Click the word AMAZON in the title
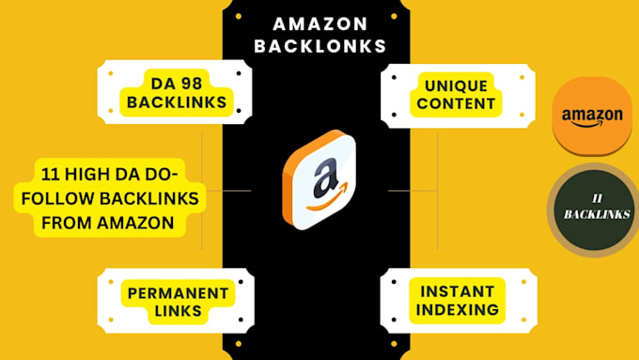[x=320, y=24]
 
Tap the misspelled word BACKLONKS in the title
[x=320, y=46]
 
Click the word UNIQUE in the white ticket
[x=456, y=86]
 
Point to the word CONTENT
[x=456, y=103]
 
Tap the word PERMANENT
[x=179, y=293]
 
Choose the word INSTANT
[x=458, y=291]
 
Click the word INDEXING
[x=458, y=309]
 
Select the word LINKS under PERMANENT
[x=179, y=311]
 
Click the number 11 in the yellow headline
[x=51, y=175]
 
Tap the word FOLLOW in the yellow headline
[x=58, y=199]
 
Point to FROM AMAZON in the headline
[x=107, y=223]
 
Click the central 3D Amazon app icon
[x=319, y=180]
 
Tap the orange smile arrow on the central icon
[x=327, y=198]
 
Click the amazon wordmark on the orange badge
[x=592, y=117]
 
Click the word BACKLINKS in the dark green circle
[x=597, y=214]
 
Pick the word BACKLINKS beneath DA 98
[x=177, y=102]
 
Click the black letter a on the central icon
[x=325, y=179]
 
